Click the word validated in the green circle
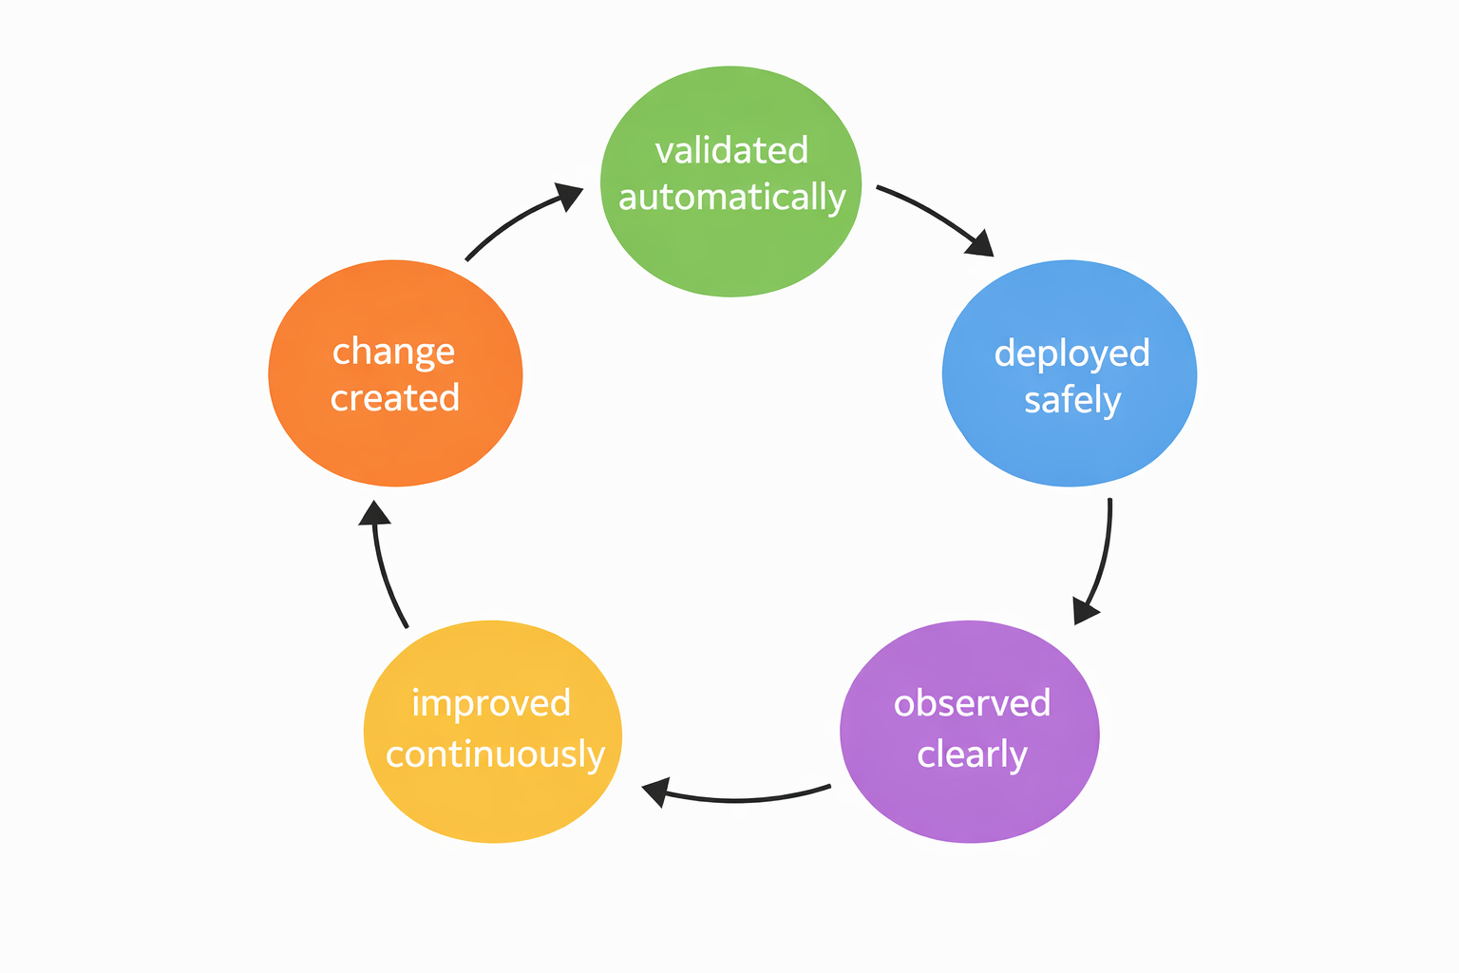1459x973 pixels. [731, 151]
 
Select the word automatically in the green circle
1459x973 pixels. [731, 198]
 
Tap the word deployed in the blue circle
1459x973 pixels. [1071, 353]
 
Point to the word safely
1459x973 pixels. [1071, 400]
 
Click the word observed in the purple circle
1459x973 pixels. [972, 703]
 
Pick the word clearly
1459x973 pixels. [972, 754]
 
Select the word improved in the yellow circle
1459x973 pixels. [491, 703]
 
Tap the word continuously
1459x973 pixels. [495, 754]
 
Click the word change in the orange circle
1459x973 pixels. [393, 352]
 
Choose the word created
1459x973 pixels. [395, 398]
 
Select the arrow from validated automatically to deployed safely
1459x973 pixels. [931, 213]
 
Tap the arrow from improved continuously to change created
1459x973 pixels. [385, 570]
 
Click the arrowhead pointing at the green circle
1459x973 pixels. [569, 196]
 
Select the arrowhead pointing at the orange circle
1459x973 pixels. [374, 513]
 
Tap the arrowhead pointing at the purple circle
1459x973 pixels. [1085, 610]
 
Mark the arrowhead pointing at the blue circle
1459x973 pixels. [980, 243]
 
